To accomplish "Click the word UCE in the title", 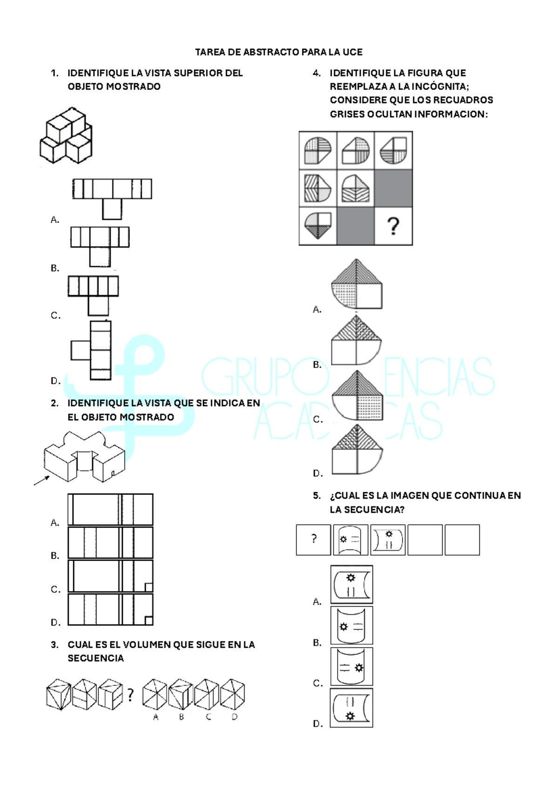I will click(353, 52).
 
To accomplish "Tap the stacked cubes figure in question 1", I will click(66, 136).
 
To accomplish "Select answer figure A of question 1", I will click(112, 198).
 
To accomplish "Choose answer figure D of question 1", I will click(92, 350).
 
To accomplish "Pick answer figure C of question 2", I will click(110, 576).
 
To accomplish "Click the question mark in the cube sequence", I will click(130, 695).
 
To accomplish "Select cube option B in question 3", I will click(181, 694).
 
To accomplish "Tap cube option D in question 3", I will click(232, 694).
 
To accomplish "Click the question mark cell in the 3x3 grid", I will click(393, 226).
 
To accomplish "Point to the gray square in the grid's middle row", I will click(393, 188).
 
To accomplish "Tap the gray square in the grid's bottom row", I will click(355, 226).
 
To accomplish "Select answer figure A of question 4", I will click(356, 284).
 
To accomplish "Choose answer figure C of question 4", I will click(357, 395).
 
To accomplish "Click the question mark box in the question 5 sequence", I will click(314, 540).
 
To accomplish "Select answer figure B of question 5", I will click(351, 625).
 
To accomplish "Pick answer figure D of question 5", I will click(351, 708).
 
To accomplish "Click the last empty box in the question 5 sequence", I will click(462, 540).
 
